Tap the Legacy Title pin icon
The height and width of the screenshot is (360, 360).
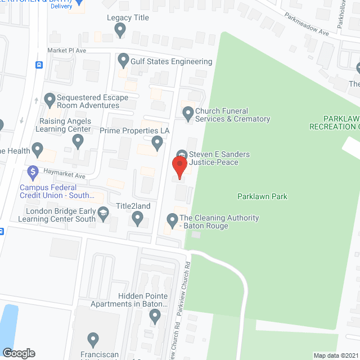tap(120, 31)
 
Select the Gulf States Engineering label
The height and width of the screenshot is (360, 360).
tap(172, 61)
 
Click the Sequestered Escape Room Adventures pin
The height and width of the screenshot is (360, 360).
tap(49, 101)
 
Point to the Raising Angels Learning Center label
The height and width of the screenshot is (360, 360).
tap(65, 125)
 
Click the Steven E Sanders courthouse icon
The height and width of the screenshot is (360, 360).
tap(182, 154)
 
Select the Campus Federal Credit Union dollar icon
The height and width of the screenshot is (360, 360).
tap(32, 171)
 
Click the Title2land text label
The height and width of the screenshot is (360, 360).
tap(133, 206)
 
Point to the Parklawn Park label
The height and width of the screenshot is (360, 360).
tap(262, 196)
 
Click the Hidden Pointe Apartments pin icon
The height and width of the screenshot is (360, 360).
tap(156, 317)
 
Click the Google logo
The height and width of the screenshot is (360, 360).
tap(19, 353)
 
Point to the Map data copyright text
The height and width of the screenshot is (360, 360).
tap(336, 355)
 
